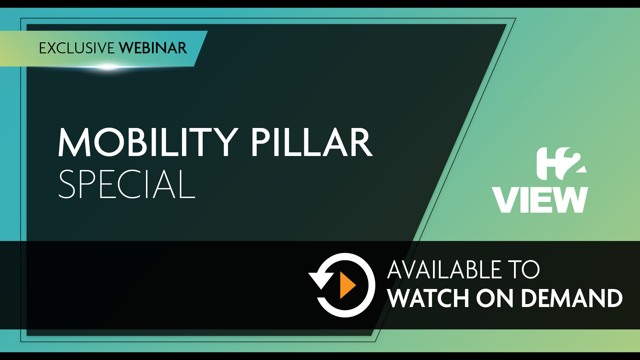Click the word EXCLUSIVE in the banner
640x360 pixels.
coord(77,48)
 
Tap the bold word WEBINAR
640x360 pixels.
coord(153,48)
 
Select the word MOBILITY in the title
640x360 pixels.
coord(148,142)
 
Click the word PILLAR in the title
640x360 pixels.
coord(312,142)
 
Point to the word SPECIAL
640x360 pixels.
coord(127,184)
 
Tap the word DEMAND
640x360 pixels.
coord(572,298)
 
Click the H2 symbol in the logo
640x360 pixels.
coord(561,164)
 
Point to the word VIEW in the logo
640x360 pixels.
coord(540,200)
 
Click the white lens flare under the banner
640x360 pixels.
coord(108,67)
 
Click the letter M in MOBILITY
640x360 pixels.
coord(74,142)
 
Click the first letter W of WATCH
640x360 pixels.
coord(401,298)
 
